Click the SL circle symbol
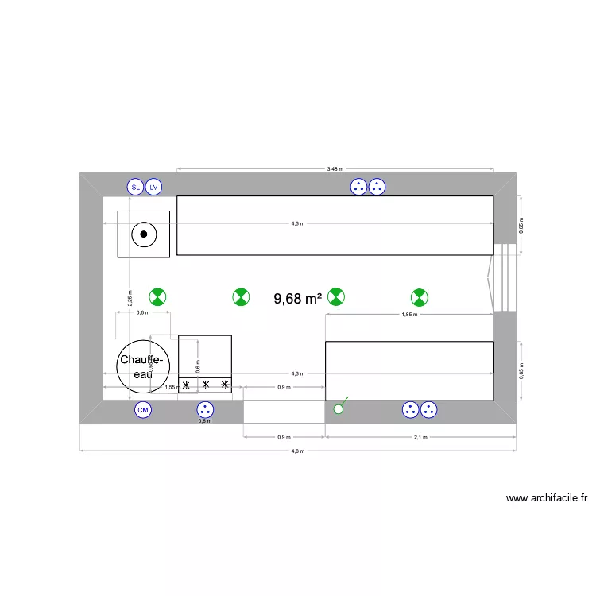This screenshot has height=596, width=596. point(135,188)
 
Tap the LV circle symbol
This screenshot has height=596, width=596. point(154,188)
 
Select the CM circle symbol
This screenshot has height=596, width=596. point(143,410)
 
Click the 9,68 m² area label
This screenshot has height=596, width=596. point(297,299)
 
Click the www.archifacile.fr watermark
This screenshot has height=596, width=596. point(546,499)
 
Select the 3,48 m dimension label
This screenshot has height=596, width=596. point(335,168)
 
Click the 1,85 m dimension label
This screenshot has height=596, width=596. point(409,315)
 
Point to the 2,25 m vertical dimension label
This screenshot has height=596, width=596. point(130,297)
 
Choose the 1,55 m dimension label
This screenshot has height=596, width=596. point(172,387)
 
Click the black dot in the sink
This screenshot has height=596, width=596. point(144,234)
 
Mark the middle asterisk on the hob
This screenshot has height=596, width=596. point(205,385)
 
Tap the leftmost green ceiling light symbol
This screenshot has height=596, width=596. point(158,297)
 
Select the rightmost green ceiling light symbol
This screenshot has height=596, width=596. point(419,298)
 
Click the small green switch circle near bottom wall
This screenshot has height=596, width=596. point(338,409)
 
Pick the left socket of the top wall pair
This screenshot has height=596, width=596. point(358,188)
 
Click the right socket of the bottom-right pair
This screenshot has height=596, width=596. point(429,410)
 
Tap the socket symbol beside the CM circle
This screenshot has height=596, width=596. point(205,410)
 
